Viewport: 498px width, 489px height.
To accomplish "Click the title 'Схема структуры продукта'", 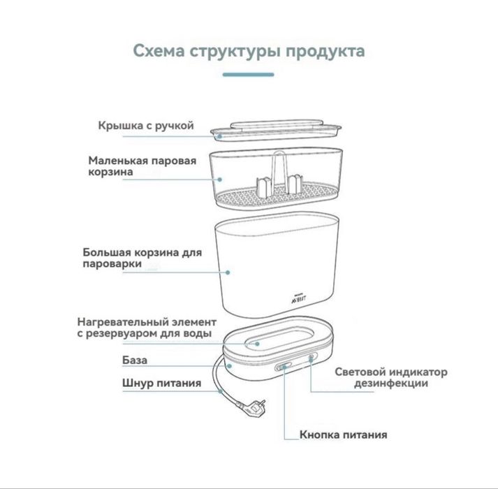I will click(248, 52).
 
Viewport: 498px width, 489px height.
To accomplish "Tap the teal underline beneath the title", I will click(248, 73).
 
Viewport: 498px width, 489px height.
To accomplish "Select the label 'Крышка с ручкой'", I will click(145, 126).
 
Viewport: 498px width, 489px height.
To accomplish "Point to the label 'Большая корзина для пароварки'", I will click(142, 258).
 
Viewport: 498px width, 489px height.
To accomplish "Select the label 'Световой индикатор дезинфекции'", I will click(391, 377).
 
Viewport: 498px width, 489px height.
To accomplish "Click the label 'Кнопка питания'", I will click(343, 435).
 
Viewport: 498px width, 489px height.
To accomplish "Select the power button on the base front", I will click(284, 365).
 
